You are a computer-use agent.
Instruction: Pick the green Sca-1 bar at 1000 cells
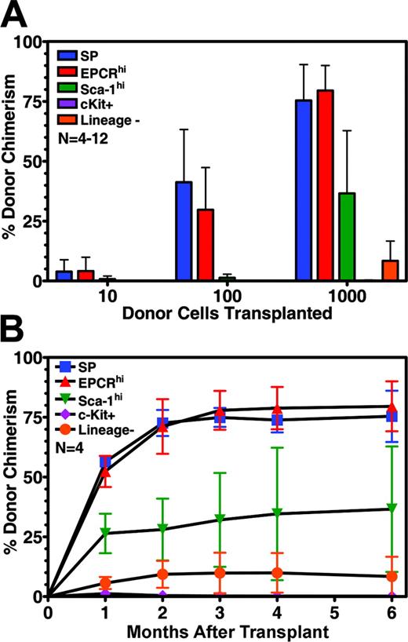(x=344, y=236)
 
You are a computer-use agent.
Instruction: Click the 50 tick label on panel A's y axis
(x=33, y=161)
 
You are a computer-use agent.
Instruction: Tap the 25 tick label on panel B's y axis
(x=33, y=536)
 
